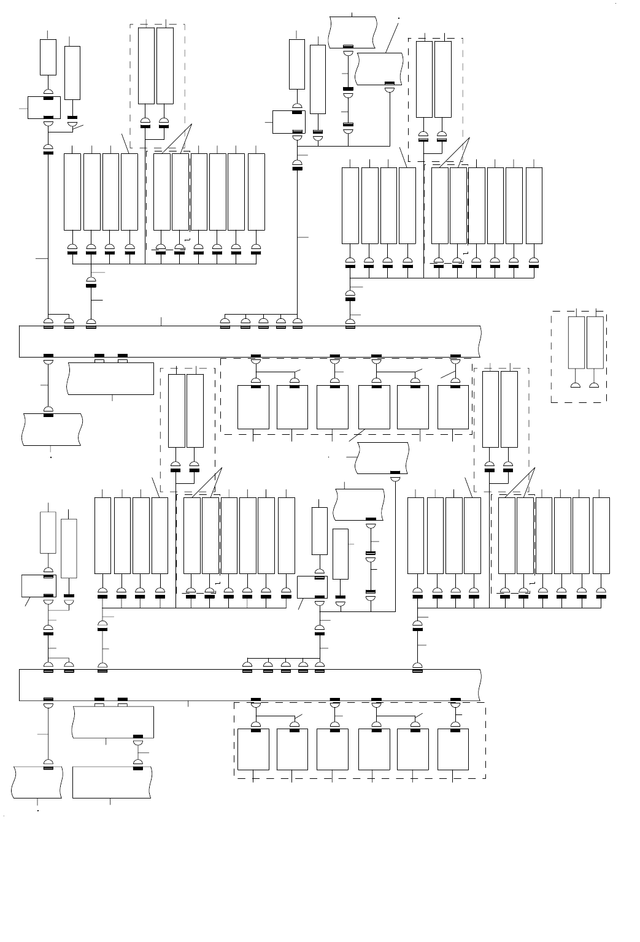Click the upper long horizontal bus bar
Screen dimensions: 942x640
point(245,341)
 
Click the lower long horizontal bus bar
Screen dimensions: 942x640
point(245,685)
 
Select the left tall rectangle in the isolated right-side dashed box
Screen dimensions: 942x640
point(576,343)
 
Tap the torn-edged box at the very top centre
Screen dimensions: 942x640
point(353,31)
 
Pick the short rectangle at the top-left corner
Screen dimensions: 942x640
point(48,57)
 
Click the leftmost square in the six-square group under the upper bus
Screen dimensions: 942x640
point(253,407)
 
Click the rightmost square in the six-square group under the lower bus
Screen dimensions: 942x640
point(453,749)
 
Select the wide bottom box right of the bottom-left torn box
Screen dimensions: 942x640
point(112,783)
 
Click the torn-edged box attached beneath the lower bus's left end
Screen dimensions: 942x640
point(112,722)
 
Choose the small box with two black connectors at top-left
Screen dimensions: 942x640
point(44,107)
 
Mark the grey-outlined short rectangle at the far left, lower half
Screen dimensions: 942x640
point(48,532)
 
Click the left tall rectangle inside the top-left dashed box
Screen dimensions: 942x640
point(146,66)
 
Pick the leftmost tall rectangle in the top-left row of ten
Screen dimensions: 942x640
point(72,192)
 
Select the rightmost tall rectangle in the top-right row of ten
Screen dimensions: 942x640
point(534,205)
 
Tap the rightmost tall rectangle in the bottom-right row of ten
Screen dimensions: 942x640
point(601,535)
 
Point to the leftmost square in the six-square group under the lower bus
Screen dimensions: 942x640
point(253,749)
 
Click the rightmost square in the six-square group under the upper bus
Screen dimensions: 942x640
point(453,407)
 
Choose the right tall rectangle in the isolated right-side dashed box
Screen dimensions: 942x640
point(595,343)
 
